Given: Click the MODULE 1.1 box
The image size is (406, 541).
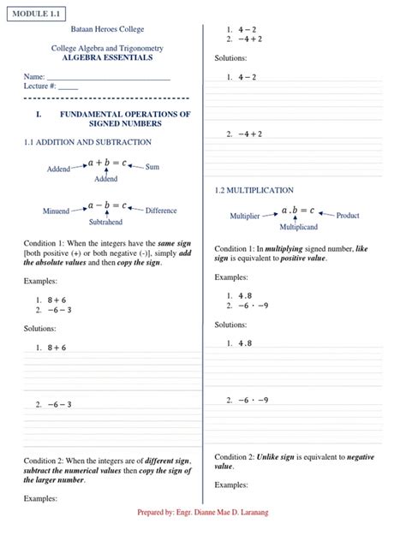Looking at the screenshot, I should pyautogui.click(x=36, y=15).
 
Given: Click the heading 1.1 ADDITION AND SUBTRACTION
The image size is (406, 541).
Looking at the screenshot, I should pyautogui.click(x=87, y=141).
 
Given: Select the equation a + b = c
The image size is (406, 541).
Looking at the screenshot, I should pyautogui.click(x=106, y=161).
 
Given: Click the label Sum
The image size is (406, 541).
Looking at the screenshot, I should pyautogui.click(x=152, y=166).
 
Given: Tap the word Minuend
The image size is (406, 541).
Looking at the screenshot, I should pyautogui.click(x=56, y=211).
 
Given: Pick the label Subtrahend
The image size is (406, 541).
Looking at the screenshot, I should pyautogui.click(x=105, y=222).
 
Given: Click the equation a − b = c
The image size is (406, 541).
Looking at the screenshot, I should pyautogui.click(x=106, y=205).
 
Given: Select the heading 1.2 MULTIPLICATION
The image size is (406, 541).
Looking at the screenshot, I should pyautogui.click(x=254, y=189).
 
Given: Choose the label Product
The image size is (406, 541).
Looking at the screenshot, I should pyautogui.click(x=348, y=216).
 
